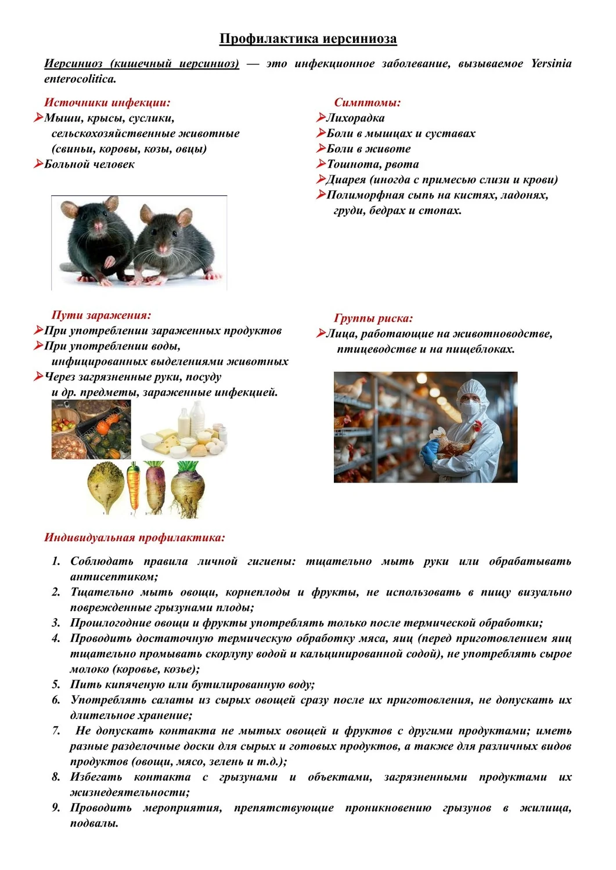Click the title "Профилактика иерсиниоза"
pos(308,39)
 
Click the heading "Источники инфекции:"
pos(107,103)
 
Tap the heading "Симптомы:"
pos(367,103)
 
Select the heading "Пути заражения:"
pos(101,315)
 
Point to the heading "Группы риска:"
pos(373,318)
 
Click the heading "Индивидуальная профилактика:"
pos(134,537)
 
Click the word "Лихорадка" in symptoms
pos(355,118)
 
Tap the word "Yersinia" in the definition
pos(551,63)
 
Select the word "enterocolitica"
pos(80,79)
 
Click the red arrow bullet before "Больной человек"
pos(38,164)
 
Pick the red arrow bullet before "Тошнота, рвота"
pos(320,164)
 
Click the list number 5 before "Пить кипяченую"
pos(56,684)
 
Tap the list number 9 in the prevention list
pos(56,807)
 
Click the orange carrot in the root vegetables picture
pos(134,487)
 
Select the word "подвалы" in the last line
pos(93,823)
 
